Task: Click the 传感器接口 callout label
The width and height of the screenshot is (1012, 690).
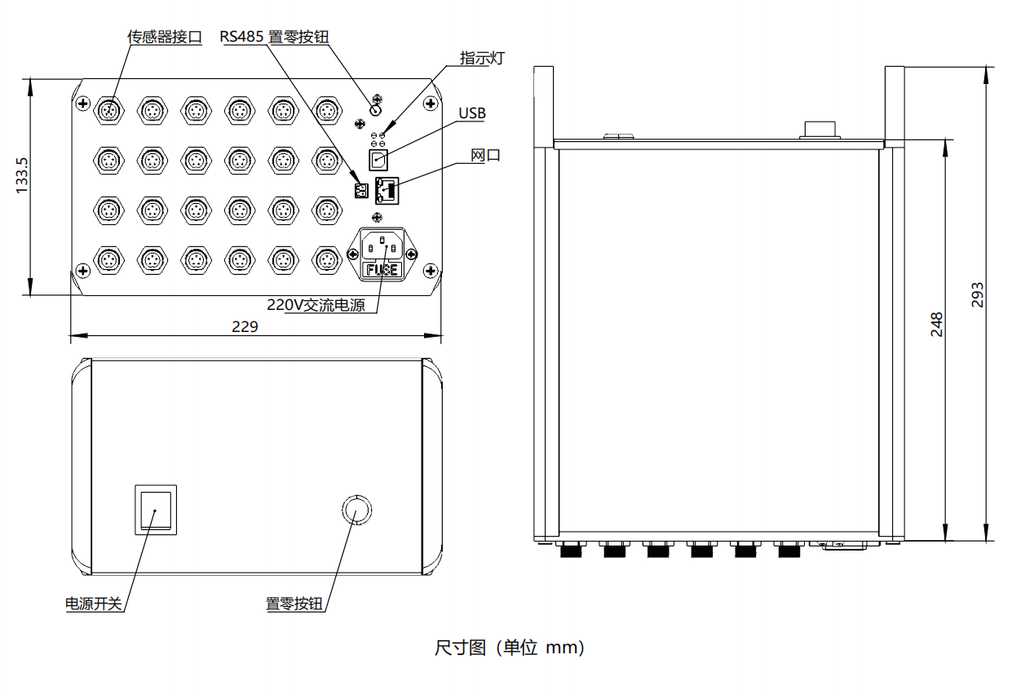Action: click(164, 37)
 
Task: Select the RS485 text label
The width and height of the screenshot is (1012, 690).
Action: click(241, 37)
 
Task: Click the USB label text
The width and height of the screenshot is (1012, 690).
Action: click(471, 113)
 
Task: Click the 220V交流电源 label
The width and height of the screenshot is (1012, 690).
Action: click(316, 305)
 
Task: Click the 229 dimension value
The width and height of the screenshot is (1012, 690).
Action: click(245, 327)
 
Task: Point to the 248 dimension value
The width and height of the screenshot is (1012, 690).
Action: click(937, 324)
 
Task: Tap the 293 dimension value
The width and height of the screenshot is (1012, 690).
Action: click(978, 295)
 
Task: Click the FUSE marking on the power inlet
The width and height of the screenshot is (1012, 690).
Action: click(382, 269)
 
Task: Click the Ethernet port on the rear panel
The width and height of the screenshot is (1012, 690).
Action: click(387, 190)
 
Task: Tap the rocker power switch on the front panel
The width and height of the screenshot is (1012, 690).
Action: click(155, 510)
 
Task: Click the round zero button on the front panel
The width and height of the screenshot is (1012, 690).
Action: click(356, 511)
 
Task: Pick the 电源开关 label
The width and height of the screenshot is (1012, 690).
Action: click(94, 604)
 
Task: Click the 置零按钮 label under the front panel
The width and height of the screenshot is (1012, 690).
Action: click(294, 604)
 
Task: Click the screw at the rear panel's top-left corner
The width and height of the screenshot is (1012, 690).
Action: click(83, 102)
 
